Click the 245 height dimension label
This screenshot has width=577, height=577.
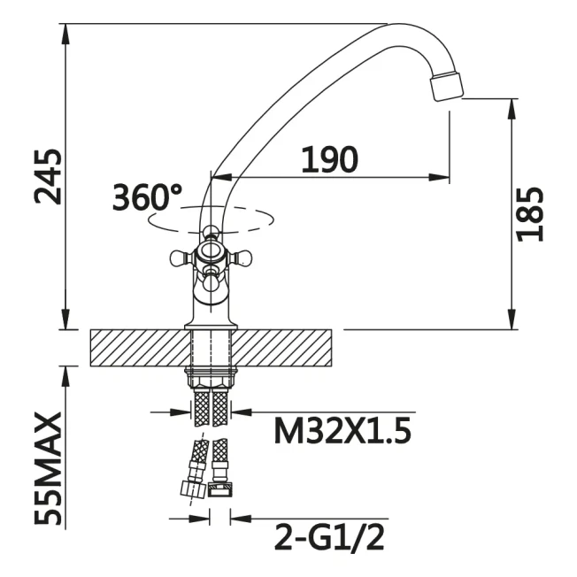click(x=48, y=177)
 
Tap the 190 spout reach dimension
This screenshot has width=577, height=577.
click(x=329, y=159)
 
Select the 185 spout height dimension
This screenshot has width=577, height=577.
click(x=530, y=214)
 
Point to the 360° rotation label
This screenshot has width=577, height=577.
click(x=147, y=197)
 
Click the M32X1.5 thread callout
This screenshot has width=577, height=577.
click(x=342, y=432)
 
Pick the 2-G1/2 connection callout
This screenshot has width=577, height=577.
click(x=329, y=538)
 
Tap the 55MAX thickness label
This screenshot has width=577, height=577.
click(x=48, y=469)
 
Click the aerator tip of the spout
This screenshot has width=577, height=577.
click(x=446, y=86)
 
